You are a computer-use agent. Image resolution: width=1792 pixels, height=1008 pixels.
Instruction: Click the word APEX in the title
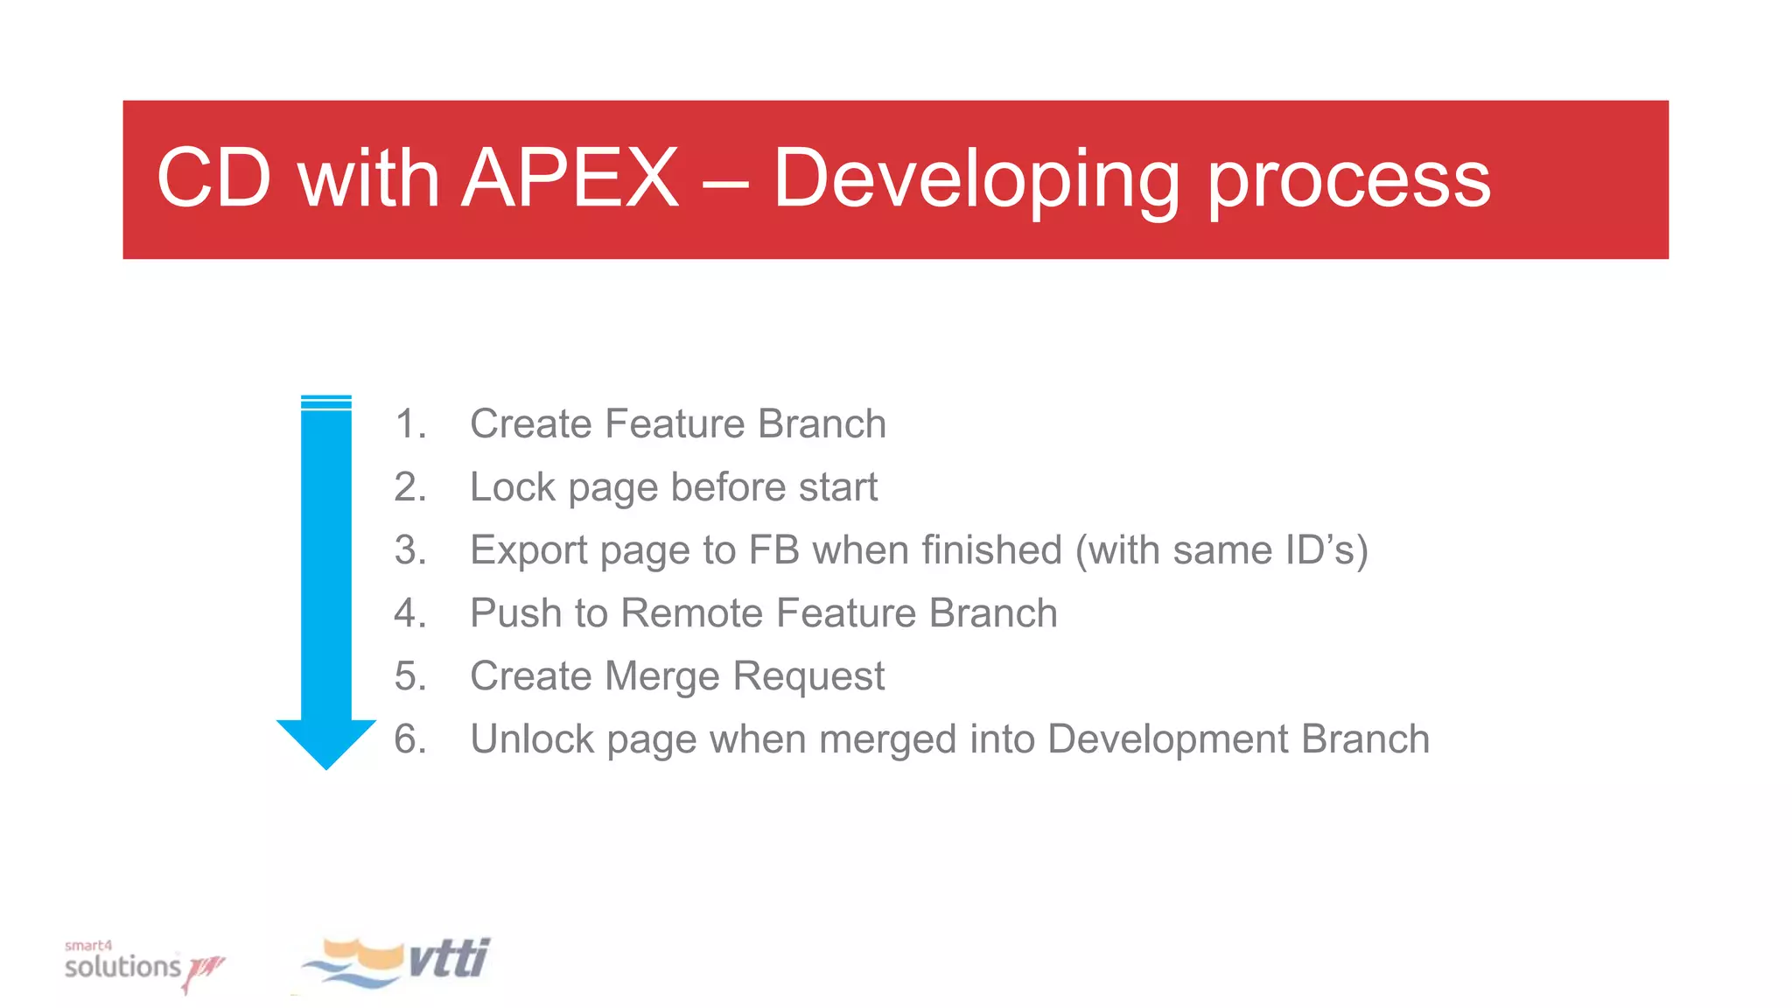click(x=570, y=178)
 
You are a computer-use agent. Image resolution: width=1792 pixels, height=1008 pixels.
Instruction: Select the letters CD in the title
click(x=214, y=178)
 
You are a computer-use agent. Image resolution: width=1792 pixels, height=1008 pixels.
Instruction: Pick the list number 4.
click(x=409, y=613)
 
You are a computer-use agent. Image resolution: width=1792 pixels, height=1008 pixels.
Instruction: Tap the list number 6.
click(x=409, y=739)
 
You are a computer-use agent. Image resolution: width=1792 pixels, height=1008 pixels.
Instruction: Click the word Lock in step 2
click(x=512, y=487)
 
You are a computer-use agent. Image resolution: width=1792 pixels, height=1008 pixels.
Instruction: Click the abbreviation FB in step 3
click(x=773, y=550)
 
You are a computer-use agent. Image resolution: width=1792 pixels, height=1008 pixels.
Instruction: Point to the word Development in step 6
click(x=1167, y=739)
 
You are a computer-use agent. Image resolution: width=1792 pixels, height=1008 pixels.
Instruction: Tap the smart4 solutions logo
click(x=140, y=965)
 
